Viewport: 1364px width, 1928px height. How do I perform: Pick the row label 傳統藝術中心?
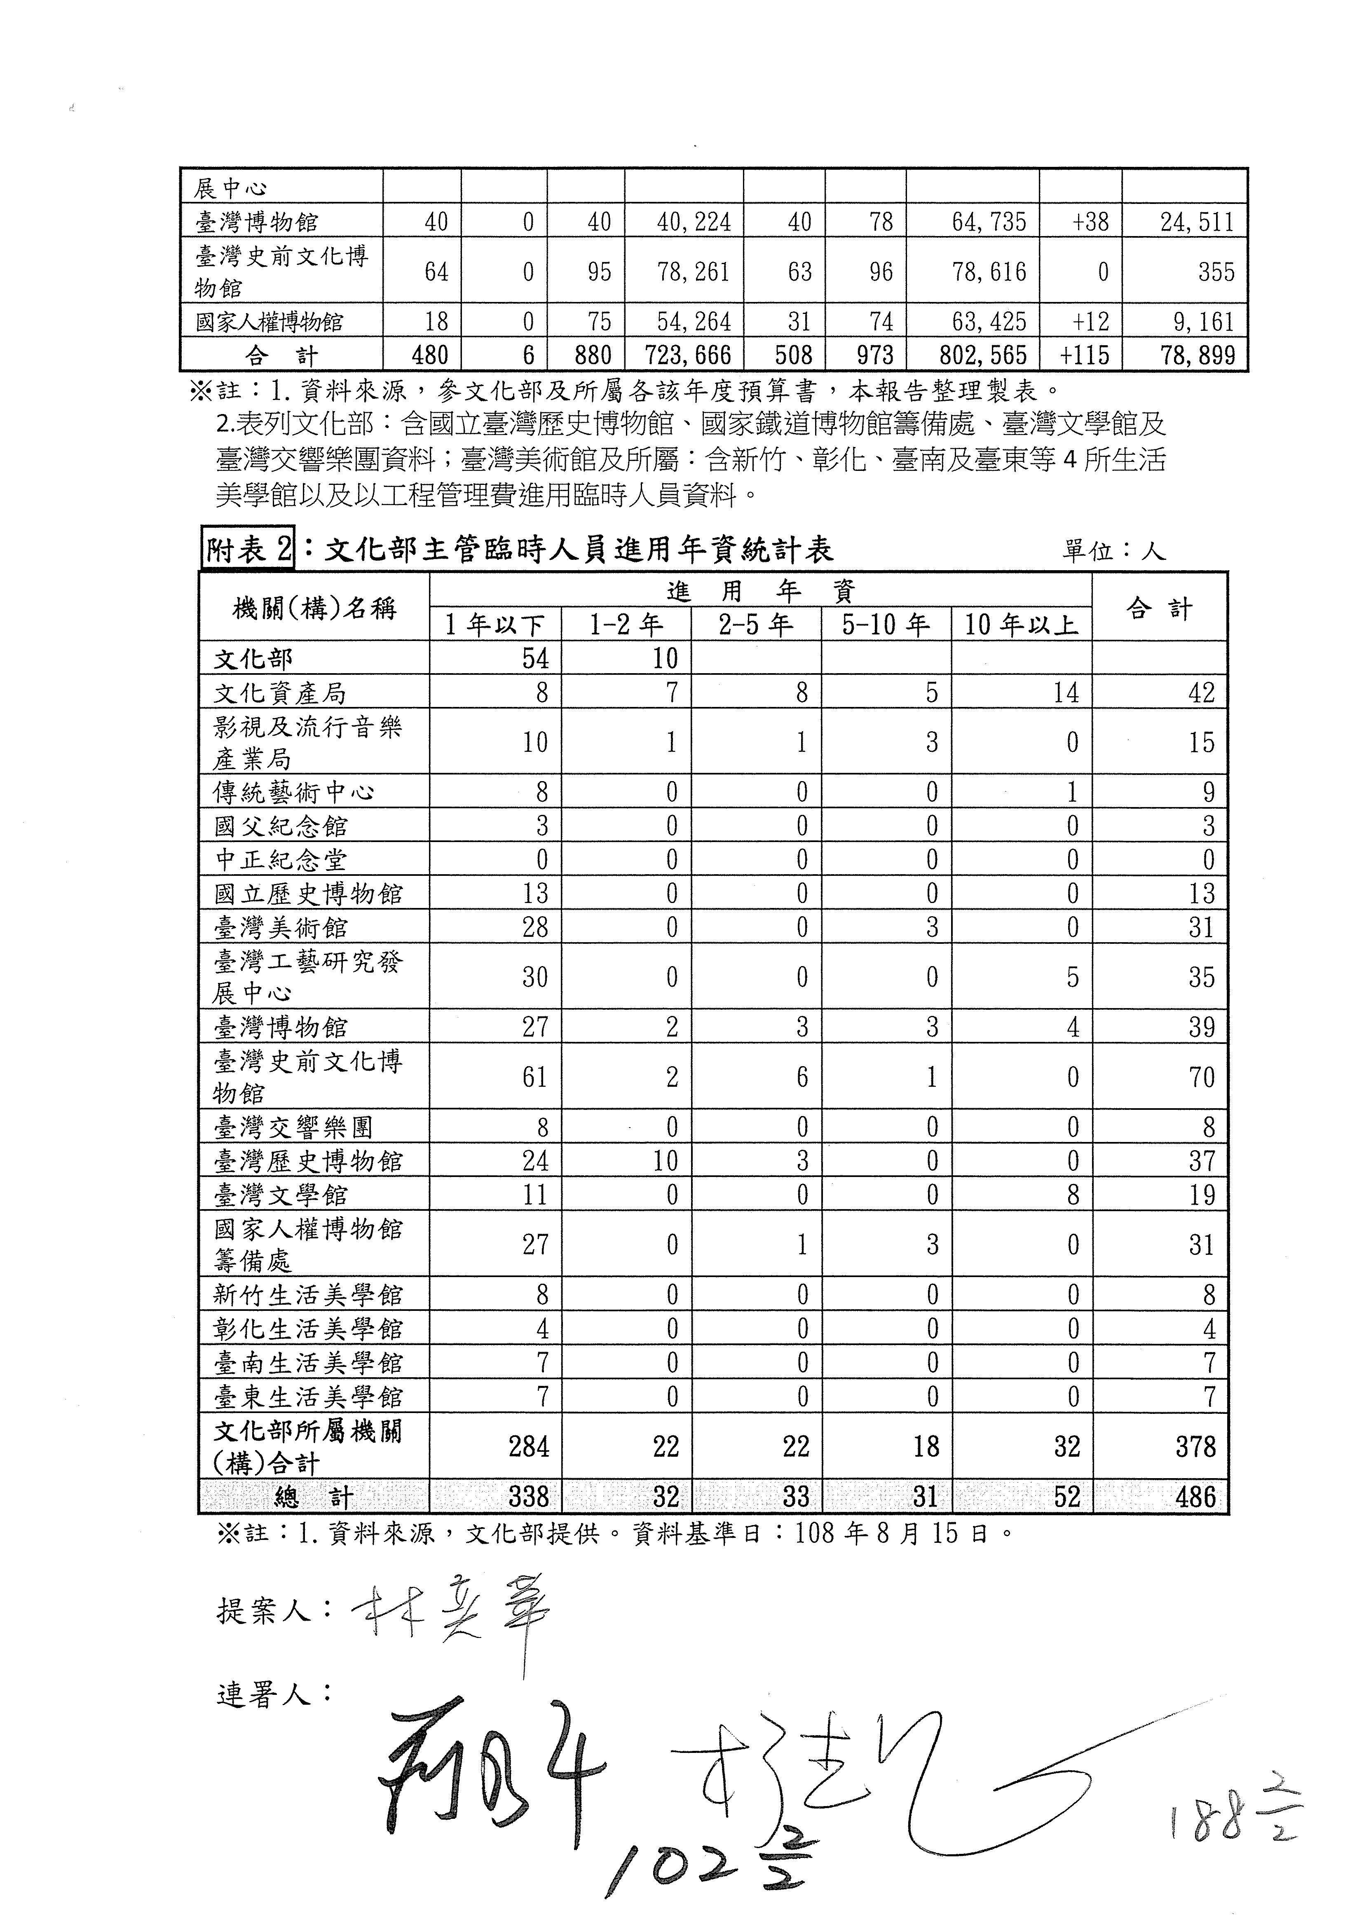[x=294, y=792]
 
